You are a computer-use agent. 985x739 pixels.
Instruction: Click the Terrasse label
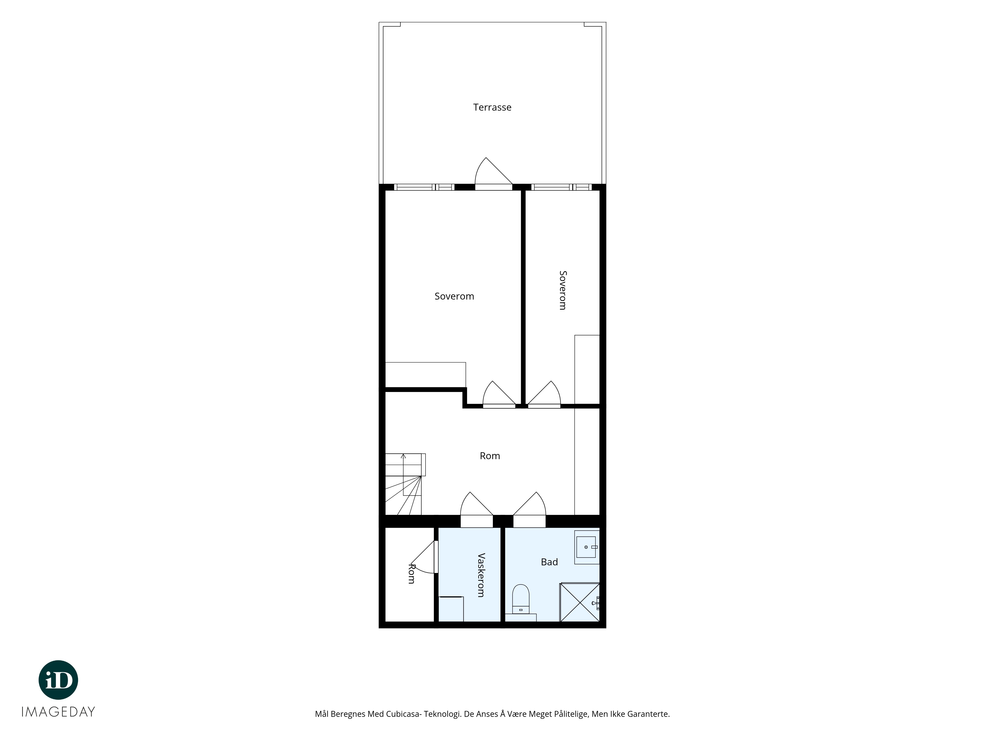(492, 107)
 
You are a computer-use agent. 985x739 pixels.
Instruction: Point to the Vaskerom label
(481, 575)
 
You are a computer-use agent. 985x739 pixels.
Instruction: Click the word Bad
(549, 562)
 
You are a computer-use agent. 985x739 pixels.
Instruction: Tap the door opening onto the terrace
(493, 174)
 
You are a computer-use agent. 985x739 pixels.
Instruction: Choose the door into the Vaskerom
(476, 509)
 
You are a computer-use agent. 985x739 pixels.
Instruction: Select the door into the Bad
(529, 509)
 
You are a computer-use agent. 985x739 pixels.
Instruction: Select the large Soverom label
(454, 296)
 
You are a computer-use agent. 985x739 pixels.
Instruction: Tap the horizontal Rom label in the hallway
(490, 456)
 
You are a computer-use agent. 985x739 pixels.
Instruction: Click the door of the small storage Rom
(424, 557)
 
